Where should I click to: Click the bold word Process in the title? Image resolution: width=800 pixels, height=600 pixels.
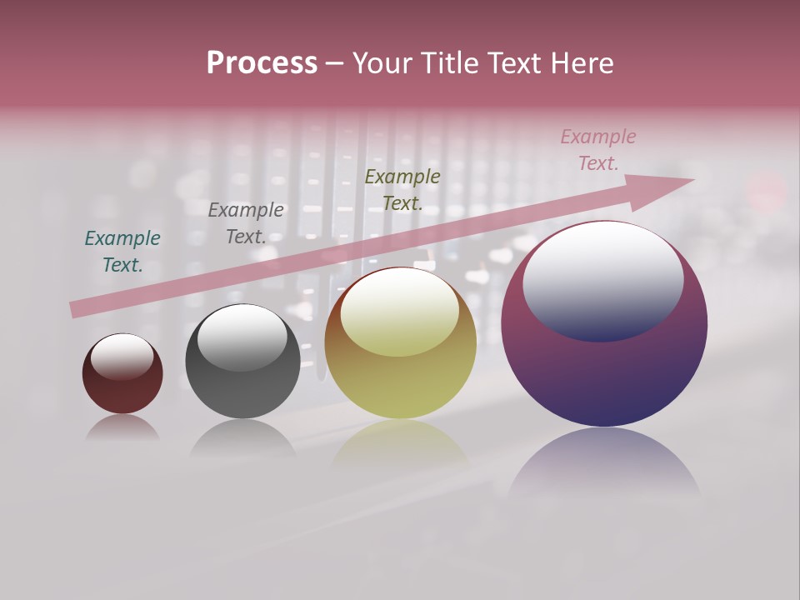coord(262,63)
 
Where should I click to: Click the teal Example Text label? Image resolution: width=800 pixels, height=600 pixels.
coord(122,252)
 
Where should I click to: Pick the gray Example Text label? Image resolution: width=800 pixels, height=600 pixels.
coord(246,223)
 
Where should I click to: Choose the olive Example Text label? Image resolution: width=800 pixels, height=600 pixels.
coord(402,190)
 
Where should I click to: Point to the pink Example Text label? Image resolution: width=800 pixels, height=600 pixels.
coord(597,150)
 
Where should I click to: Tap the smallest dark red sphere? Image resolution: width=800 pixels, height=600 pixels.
coord(122,392)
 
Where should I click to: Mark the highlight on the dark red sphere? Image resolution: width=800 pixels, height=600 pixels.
coord(122,356)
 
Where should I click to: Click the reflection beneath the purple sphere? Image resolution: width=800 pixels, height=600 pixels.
coord(604,462)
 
